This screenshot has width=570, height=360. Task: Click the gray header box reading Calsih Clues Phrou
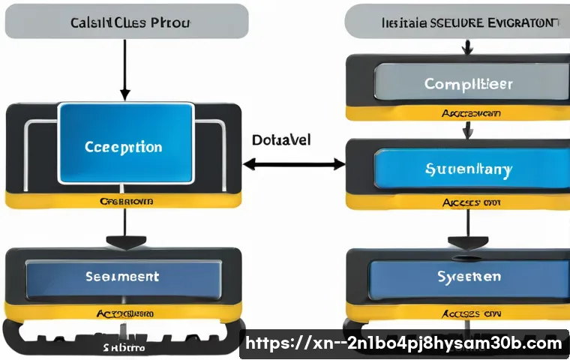(127, 21)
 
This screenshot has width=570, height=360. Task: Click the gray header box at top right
(456, 21)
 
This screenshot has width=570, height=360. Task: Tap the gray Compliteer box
(466, 83)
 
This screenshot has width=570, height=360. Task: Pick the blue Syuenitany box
(468, 169)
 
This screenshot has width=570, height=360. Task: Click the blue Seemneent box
(123, 277)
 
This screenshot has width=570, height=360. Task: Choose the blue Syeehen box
(469, 277)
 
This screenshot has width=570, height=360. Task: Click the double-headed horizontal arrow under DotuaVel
(294, 163)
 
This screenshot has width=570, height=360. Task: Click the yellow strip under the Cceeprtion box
(125, 201)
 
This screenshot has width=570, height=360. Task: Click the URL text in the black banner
(403, 343)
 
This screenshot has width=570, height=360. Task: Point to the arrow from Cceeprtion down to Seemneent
(124, 229)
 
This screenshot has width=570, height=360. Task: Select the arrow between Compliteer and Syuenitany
(466, 130)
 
